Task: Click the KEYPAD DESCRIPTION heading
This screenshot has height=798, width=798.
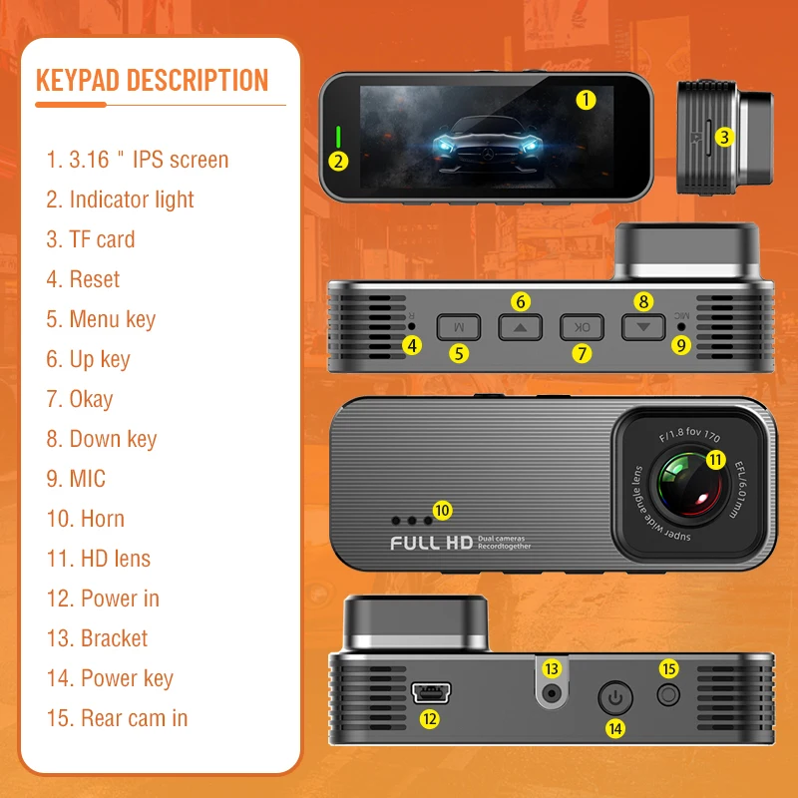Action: (x=152, y=80)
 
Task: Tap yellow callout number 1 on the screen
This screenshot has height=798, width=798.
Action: (x=586, y=99)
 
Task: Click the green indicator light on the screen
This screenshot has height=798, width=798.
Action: (x=338, y=137)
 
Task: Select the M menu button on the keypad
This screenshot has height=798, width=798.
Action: (x=458, y=326)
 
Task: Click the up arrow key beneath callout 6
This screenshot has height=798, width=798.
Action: (x=520, y=326)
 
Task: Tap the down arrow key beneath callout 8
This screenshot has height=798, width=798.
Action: (x=643, y=326)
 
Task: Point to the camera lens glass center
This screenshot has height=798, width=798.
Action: (x=687, y=485)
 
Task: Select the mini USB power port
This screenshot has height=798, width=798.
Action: (x=430, y=691)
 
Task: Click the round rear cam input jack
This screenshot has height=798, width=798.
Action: (x=668, y=695)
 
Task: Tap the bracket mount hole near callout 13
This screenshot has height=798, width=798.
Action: (x=551, y=693)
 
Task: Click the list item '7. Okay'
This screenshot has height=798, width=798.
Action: (x=80, y=399)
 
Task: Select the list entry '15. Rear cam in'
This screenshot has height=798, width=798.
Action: (x=117, y=718)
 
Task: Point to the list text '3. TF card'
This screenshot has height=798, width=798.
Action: (x=90, y=239)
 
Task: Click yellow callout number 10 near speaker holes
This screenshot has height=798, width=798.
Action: (x=442, y=510)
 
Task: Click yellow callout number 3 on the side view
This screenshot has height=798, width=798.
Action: (x=725, y=138)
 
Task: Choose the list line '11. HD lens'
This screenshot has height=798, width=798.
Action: (x=99, y=559)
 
